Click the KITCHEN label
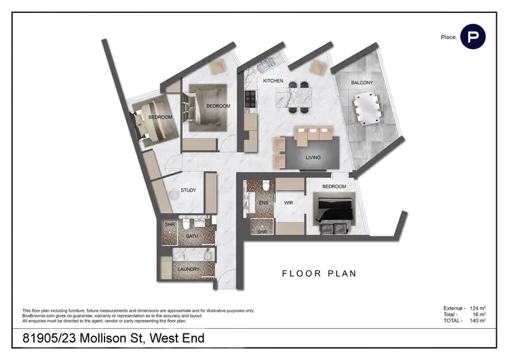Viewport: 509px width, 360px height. (273, 81)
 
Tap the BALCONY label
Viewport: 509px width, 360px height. (361, 83)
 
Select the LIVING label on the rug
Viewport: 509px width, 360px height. (313, 158)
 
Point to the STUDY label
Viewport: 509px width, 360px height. (188, 190)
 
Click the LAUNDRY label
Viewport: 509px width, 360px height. (188, 270)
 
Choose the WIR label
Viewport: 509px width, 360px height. (288, 202)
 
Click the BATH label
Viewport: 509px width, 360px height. (192, 236)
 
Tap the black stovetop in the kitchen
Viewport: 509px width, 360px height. (250, 101)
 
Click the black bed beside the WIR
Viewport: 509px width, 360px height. (333, 211)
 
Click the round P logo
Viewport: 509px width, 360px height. (472, 36)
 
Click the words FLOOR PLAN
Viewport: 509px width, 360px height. (319, 274)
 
